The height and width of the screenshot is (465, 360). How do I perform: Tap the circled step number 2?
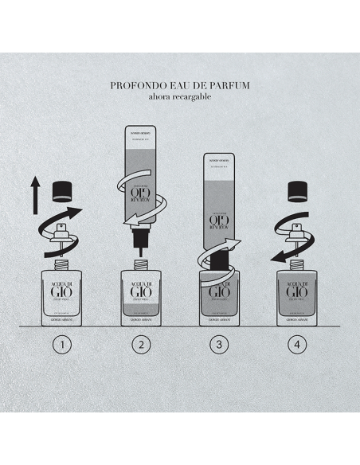pyautogui.click(x=141, y=346)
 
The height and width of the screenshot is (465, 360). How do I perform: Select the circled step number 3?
pyautogui.click(x=220, y=346)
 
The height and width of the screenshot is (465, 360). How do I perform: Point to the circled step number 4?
pyautogui.click(x=297, y=346)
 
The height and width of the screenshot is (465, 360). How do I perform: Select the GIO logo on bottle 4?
pyautogui.click(x=297, y=291)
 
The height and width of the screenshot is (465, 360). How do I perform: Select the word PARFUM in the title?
pyautogui.click(x=230, y=82)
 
